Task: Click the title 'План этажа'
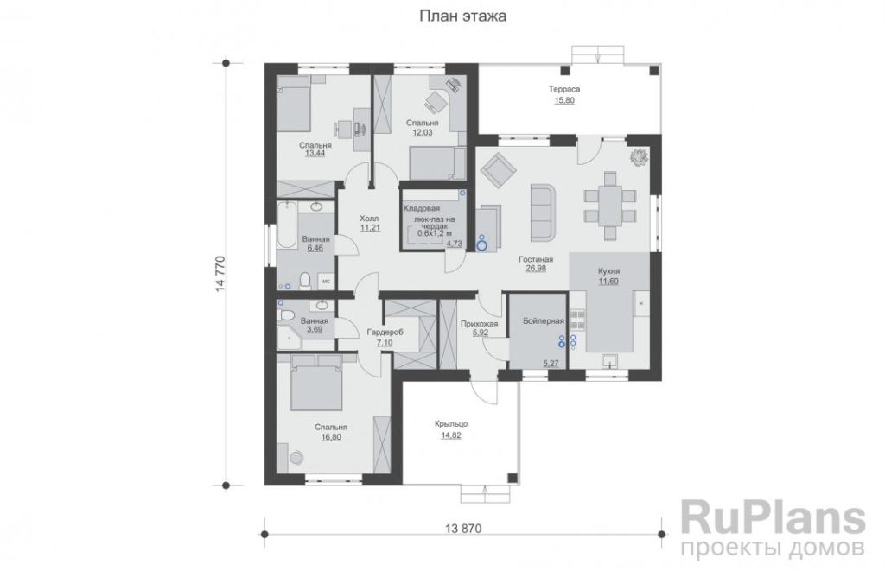[462, 16]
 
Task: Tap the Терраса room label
[563, 89]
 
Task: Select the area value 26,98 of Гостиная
[536, 270]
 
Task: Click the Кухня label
[608, 271]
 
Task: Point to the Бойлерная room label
[543, 321]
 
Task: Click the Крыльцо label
[451, 424]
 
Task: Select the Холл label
[369, 219]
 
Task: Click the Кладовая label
[421, 209]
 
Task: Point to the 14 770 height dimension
[220, 274]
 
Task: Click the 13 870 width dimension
[463, 529]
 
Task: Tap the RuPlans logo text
[773, 518]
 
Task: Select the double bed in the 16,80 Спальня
[316, 383]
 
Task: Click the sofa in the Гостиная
[543, 212]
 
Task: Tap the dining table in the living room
[609, 206]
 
